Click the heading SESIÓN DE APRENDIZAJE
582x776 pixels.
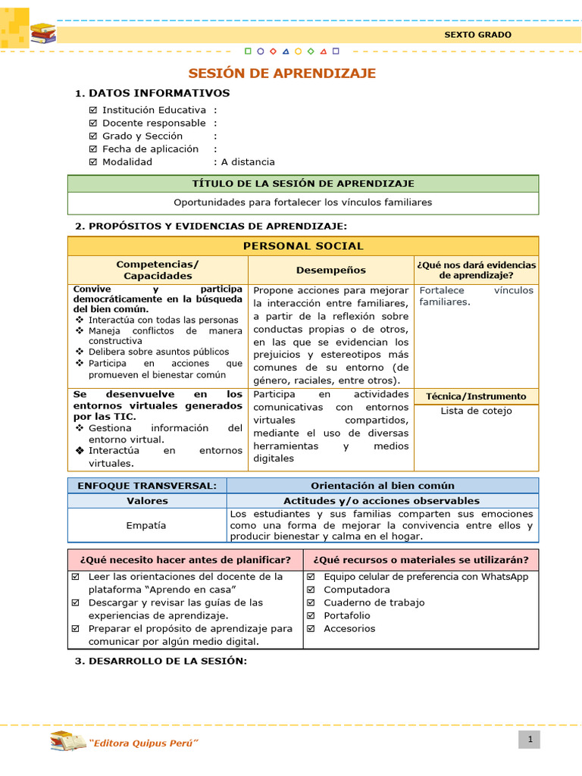(282, 74)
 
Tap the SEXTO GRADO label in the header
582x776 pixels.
(477, 35)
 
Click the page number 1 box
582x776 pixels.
(530, 740)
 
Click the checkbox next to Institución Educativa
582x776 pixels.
(93, 111)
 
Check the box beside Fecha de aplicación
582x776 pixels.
(93, 149)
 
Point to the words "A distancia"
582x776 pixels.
(248, 162)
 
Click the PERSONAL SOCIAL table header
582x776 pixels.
(303, 246)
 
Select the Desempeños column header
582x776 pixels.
(330, 270)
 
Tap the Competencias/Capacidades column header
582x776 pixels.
(158, 270)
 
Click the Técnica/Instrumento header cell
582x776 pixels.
(476, 396)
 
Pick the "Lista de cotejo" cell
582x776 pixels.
(476, 411)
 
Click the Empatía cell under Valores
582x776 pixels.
(147, 525)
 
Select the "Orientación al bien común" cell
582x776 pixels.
(383, 486)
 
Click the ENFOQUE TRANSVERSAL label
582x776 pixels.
(147, 486)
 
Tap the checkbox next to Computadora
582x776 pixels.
(311, 590)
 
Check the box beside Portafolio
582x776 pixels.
(311, 615)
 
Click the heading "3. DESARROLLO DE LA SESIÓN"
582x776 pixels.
(161, 662)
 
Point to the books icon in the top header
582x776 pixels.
(42, 34)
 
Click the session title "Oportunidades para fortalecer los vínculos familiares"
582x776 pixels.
(303, 203)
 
